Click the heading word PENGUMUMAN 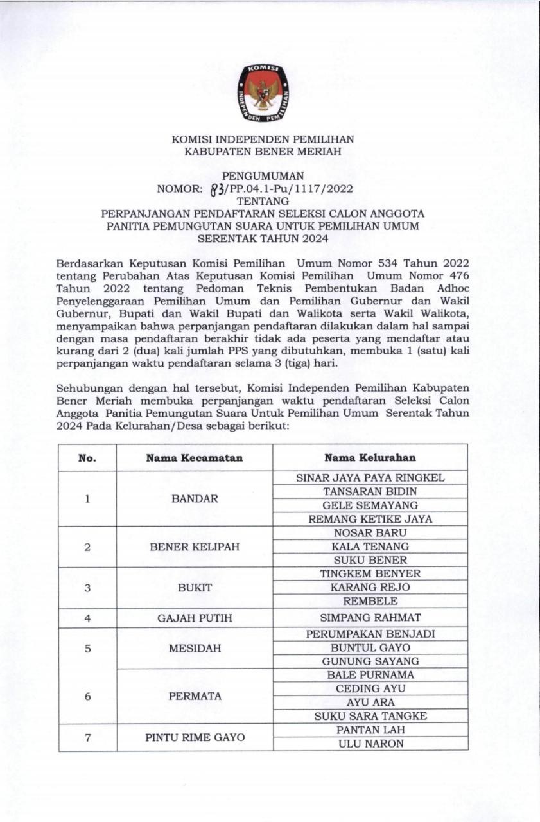click(263, 176)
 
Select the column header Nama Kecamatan click(194, 458)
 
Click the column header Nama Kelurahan click(370, 458)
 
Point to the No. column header click(87, 458)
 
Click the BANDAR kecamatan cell click(195, 498)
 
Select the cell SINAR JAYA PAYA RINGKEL click(370, 478)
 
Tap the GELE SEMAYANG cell click(370, 505)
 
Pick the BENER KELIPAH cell click(195, 547)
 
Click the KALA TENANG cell click(370, 547)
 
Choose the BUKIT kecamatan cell click(195, 588)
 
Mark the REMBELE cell click(370, 601)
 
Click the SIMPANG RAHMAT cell click(370, 618)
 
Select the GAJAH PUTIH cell click(195, 618)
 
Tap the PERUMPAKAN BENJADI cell click(370, 634)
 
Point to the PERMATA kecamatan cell click(195, 696)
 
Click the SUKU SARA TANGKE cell click(370, 716)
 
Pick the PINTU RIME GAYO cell click(195, 737)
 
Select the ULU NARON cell click(370, 744)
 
